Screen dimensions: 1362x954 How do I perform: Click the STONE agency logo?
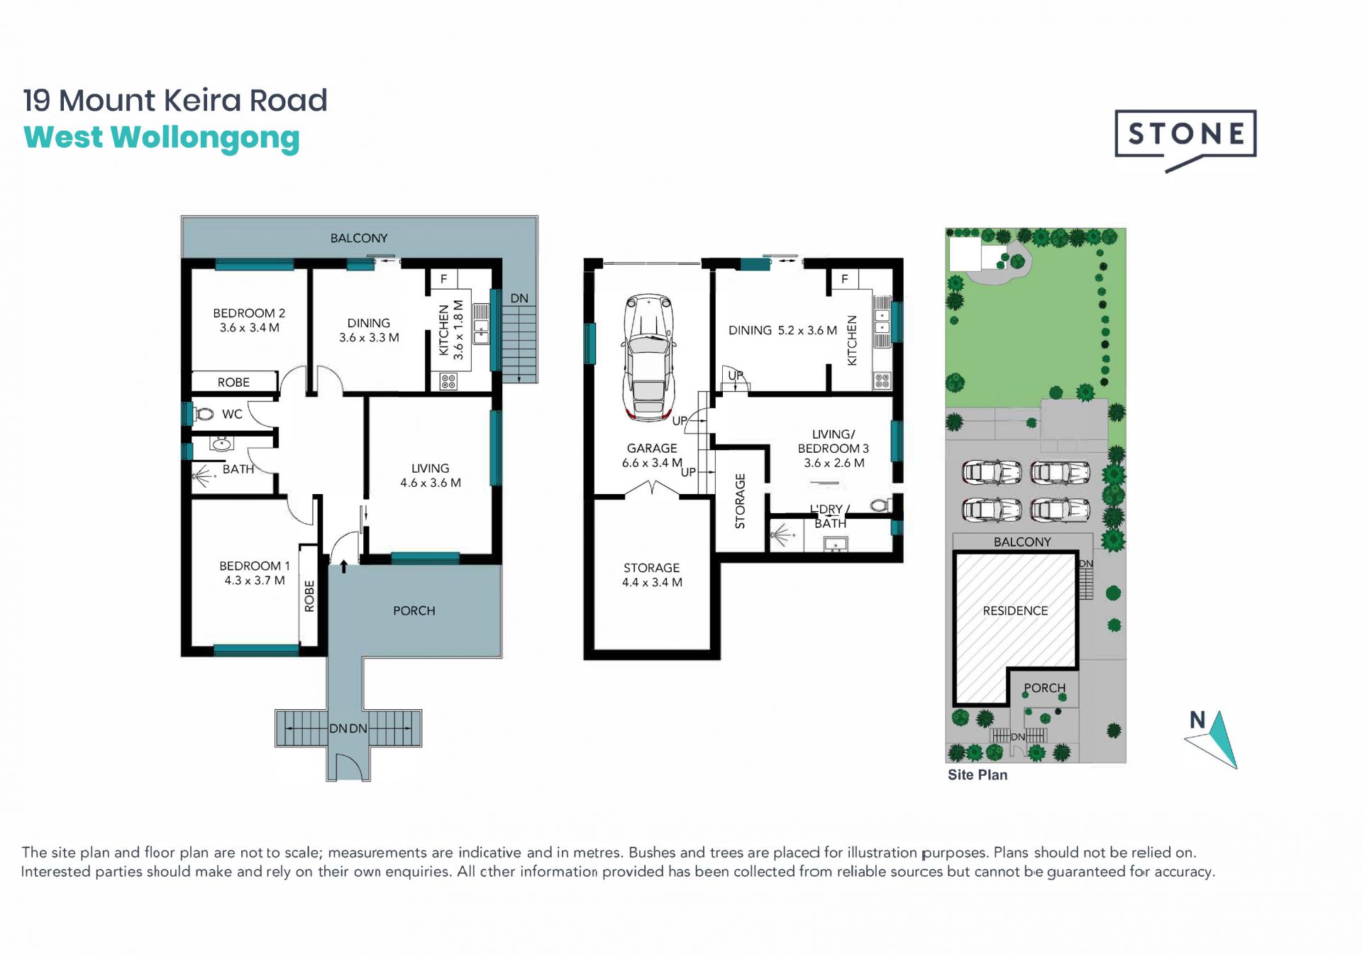click(1185, 140)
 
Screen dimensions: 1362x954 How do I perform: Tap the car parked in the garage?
click(648, 358)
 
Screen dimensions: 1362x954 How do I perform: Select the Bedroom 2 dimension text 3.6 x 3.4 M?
click(249, 328)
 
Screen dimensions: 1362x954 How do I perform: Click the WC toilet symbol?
click(204, 413)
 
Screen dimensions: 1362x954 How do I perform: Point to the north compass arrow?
click(1219, 740)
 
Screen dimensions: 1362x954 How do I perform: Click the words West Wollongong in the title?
click(162, 138)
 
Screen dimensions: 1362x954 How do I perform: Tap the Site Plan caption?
click(978, 775)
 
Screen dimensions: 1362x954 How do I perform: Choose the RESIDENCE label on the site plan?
click(1015, 610)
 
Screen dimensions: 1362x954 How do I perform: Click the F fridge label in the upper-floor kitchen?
click(444, 279)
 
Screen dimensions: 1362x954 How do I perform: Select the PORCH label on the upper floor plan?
click(414, 610)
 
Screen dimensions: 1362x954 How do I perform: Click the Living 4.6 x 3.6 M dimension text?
click(431, 483)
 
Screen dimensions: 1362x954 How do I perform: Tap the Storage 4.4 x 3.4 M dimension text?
click(652, 582)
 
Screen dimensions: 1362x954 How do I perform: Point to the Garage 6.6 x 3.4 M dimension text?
click(652, 463)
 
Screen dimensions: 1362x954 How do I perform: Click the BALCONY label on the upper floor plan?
click(359, 238)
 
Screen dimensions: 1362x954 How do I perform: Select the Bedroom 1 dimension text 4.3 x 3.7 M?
click(255, 581)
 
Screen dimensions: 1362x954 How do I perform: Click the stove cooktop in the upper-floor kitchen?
click(448, 382)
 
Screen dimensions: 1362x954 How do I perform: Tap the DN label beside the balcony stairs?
click(519, 298)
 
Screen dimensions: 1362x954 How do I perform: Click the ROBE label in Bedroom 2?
click(233, 383)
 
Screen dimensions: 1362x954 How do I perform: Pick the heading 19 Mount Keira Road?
click(175, 100)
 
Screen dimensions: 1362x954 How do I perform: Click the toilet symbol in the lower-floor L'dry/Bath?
click(882, 505)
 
